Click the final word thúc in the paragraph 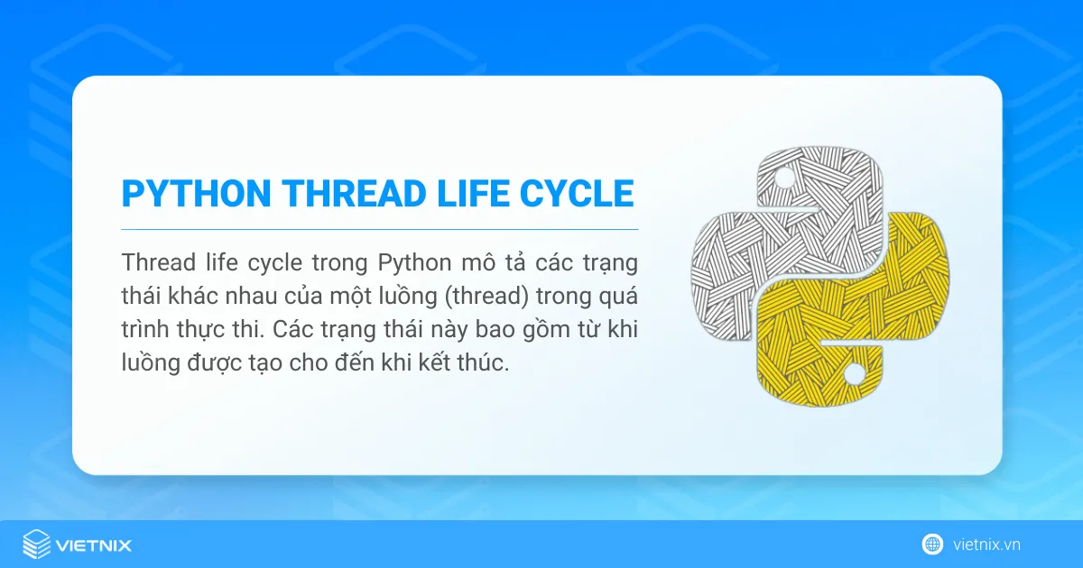pyautogui.click(x=485, y=363)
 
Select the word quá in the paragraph pyautogui.click(x=616, y=297)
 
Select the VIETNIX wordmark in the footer pyautogui.click(x=94, y=545)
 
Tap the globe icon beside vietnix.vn pyautogui.click(x=932, y=545)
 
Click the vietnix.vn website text pyautogui.click(x=986, y=545)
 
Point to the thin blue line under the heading pyautogui.click(x=379, y=230)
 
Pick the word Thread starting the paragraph pyautogui.click(x=153, y=263)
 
